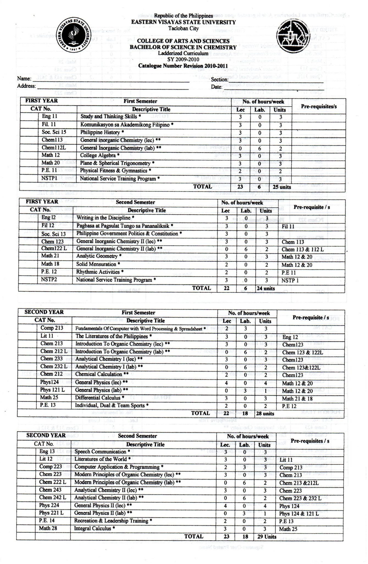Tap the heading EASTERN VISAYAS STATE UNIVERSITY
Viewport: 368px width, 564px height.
[x=183, y=22]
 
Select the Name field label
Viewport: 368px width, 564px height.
[x=24, y=78]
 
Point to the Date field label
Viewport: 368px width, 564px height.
[x=217, y=87]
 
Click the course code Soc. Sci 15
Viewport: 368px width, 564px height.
[x=54, y=132]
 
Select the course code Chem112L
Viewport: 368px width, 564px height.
[x=54, y=147]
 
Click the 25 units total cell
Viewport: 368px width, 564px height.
[x=281, y=187]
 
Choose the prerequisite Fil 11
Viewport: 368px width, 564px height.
[x=288, y=226]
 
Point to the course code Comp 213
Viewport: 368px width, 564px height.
[x=52, y=328]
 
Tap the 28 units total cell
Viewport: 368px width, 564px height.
[x=265, y=413]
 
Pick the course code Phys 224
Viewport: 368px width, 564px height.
[x=49, y=505]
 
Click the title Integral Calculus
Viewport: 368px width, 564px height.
[x=94, y=528]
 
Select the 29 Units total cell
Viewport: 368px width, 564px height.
[x=267, y=536]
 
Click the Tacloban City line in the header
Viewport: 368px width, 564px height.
[x=183, y=28]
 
